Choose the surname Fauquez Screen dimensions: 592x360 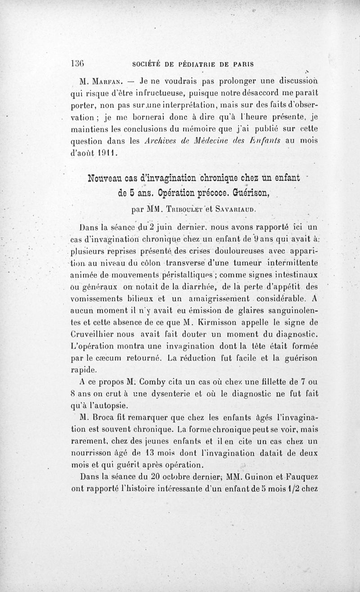click(x=300, y=476)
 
